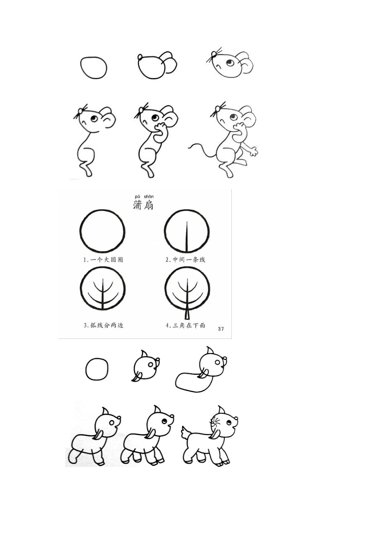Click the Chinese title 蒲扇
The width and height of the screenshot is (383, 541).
143,204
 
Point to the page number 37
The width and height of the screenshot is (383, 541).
221,329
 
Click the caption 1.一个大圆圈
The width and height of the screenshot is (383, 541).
103,260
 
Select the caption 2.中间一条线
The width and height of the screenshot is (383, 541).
186,260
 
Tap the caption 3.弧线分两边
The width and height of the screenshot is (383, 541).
103,325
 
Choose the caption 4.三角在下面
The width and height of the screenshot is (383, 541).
186,325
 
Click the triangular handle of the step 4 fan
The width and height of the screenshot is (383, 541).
187,314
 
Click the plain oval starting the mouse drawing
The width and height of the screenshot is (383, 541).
94,67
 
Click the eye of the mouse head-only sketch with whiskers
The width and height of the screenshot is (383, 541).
230,63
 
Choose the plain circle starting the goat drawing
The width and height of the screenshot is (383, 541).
97,369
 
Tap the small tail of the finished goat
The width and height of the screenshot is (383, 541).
186,433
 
